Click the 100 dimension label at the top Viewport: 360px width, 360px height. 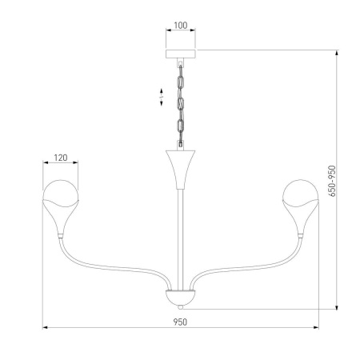pyautogui.click(x=180, y=26)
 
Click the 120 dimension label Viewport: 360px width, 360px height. pyautogui.click(x=60, y=158)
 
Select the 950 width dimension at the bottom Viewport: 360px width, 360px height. pyautogui.click(x=180, y=322)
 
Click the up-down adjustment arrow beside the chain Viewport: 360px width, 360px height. pyautogui.click(x=161, y=98)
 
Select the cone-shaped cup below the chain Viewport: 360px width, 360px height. pyautogui.click(x=180, y=164)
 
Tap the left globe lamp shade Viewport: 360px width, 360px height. pyautogui.click(x=60, y=193)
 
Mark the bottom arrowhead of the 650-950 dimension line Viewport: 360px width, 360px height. pyautogui.click(x=336, y=308)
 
